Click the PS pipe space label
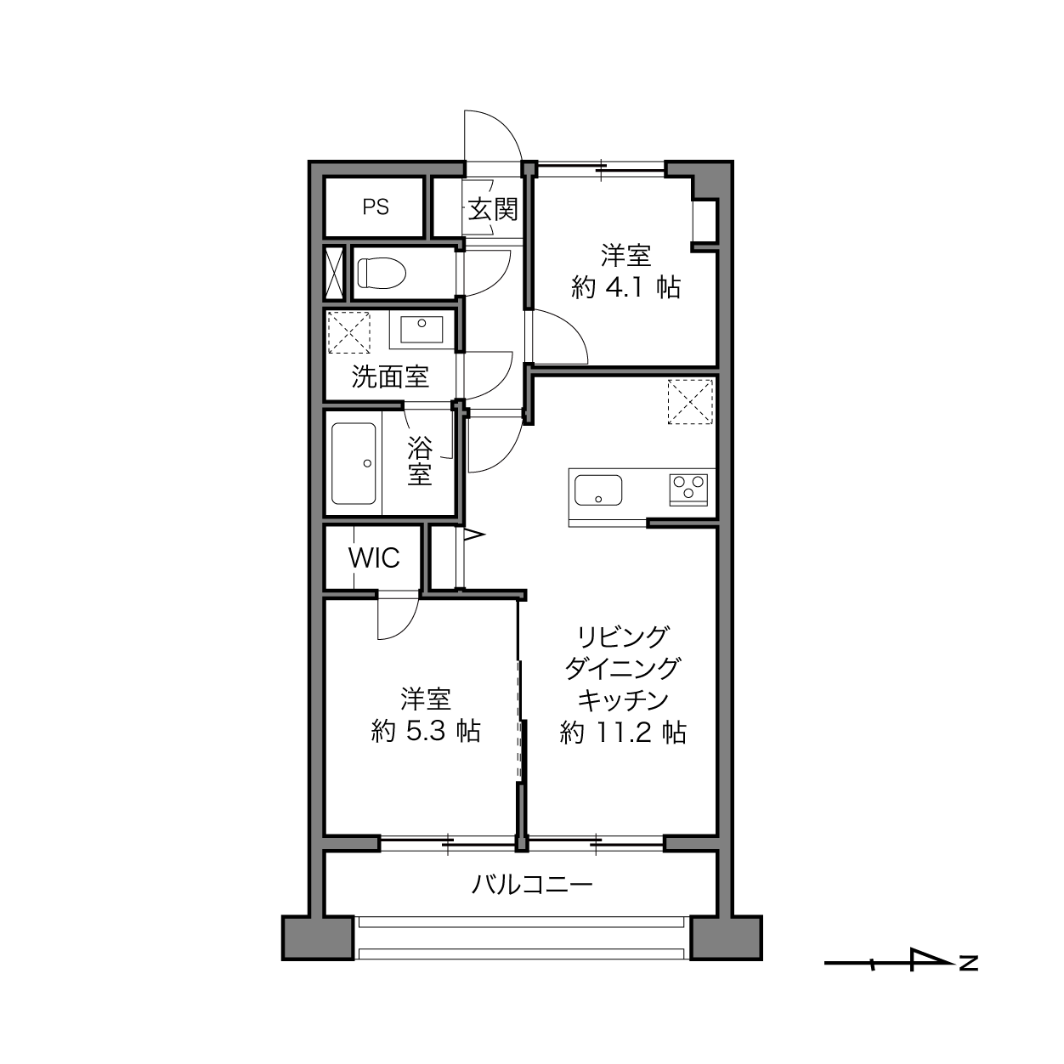[x=376, y=207]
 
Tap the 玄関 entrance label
[x=493, y=209]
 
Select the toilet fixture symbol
[x=382, y=273]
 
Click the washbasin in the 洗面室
[x=422, y=330]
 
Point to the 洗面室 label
[x=390, y=376]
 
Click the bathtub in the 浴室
[x=354, y=463]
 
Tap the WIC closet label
[x=374, y=558]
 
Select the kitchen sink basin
[x=598, y=490]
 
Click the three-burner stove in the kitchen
[x=688, y=490]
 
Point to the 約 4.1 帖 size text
[x=625, y=288]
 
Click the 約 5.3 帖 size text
[x=426, y=732]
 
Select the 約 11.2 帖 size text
[x=623, y=733]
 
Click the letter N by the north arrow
[x=969, y=964]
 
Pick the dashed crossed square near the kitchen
[x=690, y=401]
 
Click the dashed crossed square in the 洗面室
[x=349, y=332]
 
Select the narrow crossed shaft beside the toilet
[x=334, y=273]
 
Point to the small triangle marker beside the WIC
[x=474, y=534]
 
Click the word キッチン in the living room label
[x=623, y=700]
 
